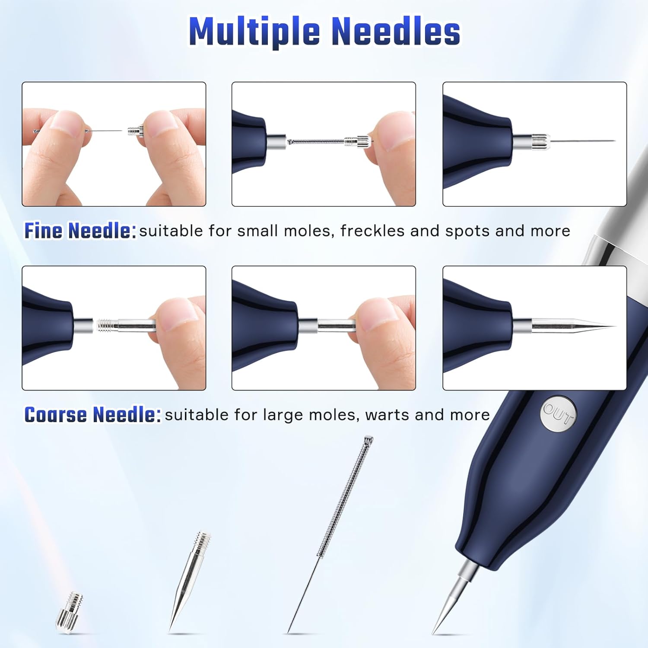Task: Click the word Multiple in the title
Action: [x=255, y=32]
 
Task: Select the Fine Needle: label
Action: [x=80, y=231]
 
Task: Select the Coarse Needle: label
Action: [x=92, y=415]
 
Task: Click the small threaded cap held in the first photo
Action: [x=136, y=130]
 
